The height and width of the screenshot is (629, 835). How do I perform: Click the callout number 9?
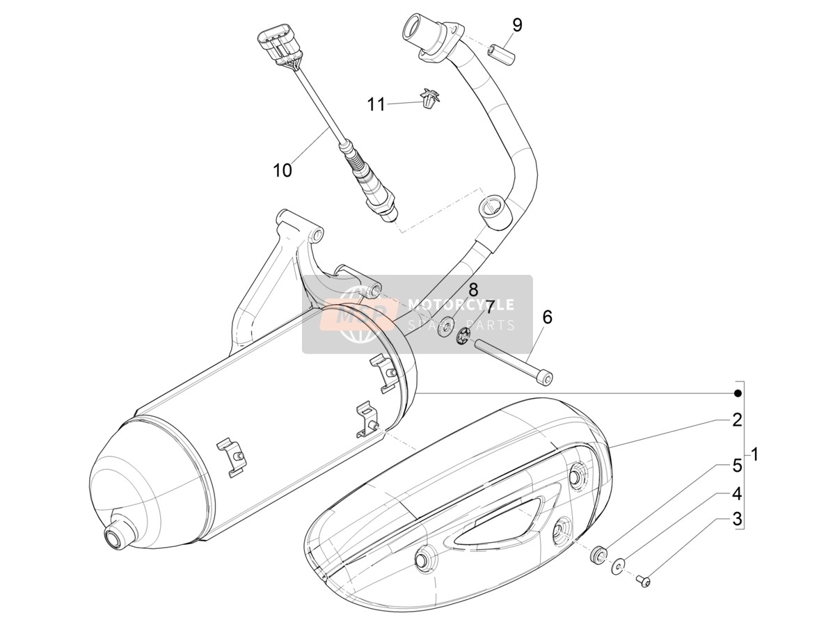517,26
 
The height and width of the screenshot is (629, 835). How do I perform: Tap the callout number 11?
376,104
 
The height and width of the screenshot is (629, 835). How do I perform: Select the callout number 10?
283,170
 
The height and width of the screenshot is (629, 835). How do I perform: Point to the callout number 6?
547,317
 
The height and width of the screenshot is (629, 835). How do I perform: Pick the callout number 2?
737,420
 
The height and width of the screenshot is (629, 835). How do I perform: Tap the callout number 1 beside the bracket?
754,454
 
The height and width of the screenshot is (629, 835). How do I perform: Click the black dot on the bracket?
737,394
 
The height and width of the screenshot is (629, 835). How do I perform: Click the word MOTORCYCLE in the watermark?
461,305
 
